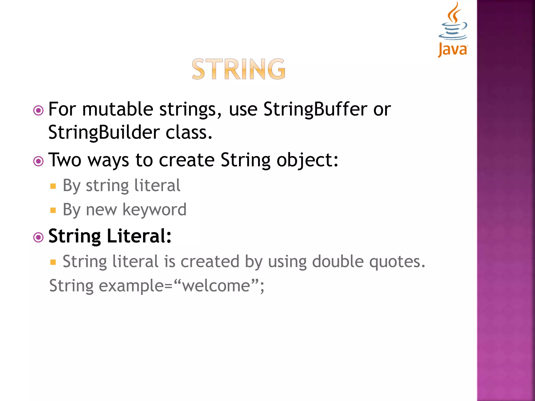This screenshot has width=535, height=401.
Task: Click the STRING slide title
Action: click(239, 69)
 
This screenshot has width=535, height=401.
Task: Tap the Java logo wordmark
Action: click(453, 49)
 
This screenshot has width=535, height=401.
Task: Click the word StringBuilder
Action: click(104, 132)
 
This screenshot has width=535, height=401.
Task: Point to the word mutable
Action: click(118, 109)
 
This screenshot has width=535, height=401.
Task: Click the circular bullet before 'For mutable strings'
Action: click(38, 111)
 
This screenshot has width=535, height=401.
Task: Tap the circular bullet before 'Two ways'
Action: click(38, 161)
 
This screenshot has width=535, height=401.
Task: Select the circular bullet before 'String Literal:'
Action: click(38, 238)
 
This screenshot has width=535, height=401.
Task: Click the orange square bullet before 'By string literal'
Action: click(53, 186)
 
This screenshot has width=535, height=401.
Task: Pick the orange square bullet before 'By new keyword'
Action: click(53, 210)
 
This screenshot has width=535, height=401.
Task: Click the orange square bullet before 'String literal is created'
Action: click(53, 262)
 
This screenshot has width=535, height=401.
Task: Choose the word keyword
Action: click(154, 210)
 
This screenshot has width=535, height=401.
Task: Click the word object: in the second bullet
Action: click(307, 160)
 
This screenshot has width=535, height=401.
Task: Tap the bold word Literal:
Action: click(139, 236)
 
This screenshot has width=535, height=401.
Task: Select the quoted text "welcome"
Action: click(216, 285)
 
